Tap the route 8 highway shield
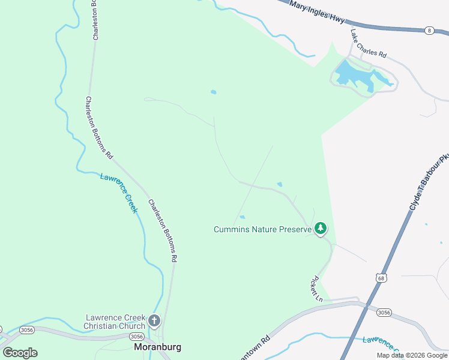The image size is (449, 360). [x=429, y=29]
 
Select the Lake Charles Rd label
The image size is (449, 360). [x=368, y=44]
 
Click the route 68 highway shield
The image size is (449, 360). [x=382, y=278]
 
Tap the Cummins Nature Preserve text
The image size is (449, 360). [x=262, y=229]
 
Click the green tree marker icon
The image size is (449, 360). [x=321, y=228]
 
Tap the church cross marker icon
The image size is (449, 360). [x=154, y=320]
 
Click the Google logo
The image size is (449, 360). [x=20, y=352]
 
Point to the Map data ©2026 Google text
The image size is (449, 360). [x=412, y=355]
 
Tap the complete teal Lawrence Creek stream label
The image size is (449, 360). [x=119, y=192]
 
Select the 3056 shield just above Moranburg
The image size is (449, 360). [x=136, y=336]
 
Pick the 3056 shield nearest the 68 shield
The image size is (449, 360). [x=384, y=313]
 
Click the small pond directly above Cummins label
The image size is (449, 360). [x=243, y=217]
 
